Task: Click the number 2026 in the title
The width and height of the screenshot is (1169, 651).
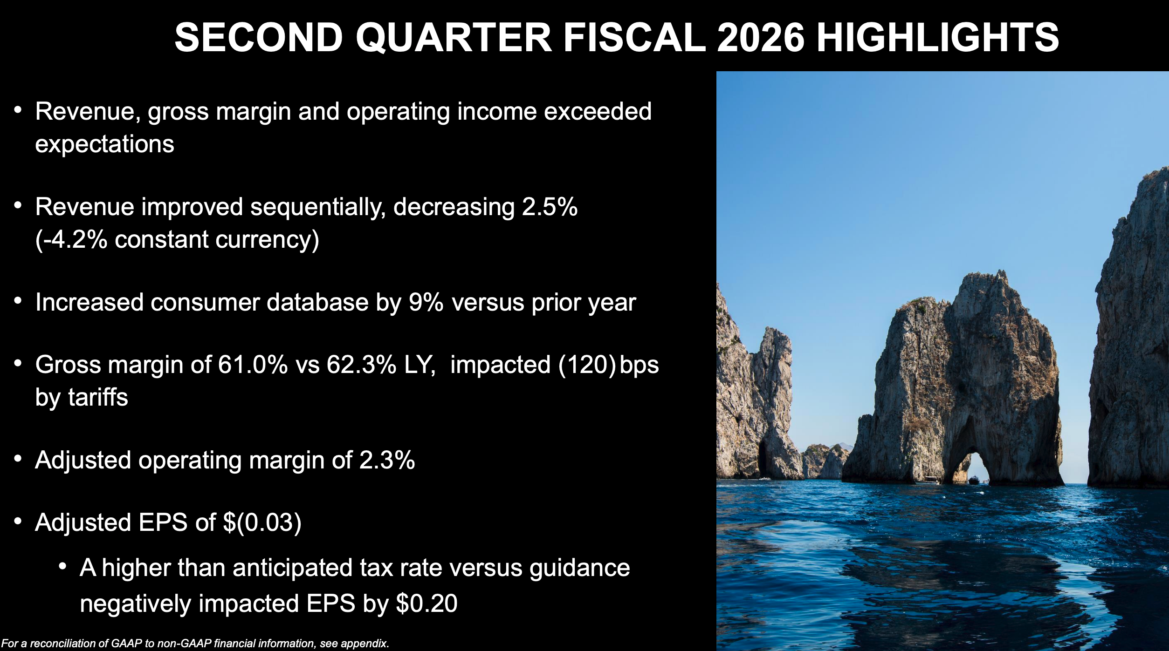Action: (761, 37)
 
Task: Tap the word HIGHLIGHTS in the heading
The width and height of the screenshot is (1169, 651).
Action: (938, 37)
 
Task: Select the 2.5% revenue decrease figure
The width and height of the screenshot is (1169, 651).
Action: (550, 207)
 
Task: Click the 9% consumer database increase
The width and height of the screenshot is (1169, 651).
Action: (426, 303)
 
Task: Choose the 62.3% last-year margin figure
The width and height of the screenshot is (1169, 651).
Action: (361, 365)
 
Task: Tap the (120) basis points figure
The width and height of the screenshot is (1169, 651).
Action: (587, 365)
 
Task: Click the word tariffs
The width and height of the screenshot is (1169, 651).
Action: (98, 398)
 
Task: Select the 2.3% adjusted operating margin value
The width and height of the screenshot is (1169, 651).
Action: (387, 461)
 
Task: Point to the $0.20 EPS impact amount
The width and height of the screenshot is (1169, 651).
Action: (426, 604)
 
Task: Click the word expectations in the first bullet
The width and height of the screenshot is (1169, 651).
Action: (104, 144)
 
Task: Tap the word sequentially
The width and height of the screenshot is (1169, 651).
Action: (318, 208)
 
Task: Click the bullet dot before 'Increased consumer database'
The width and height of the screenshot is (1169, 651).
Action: (18, 301)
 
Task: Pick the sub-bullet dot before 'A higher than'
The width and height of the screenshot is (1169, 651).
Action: (63, 566)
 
